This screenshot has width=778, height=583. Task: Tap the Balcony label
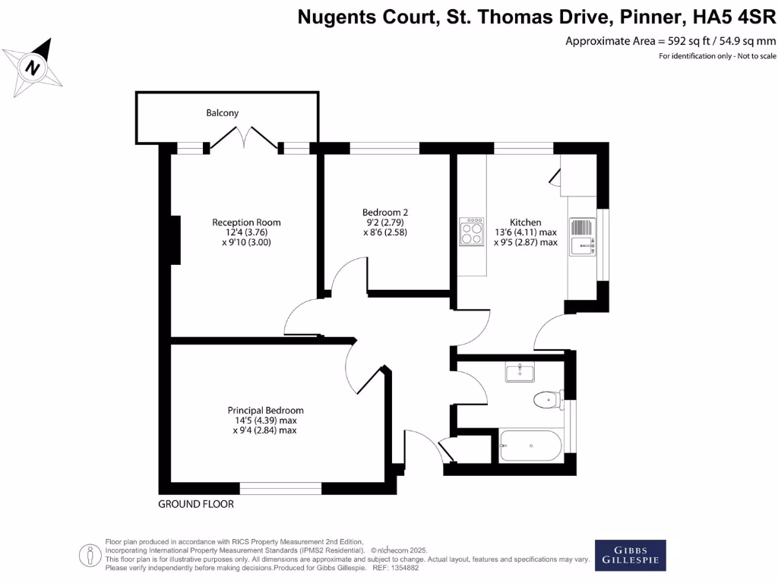pos(223,113)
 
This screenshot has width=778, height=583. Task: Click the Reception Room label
pos(246,222)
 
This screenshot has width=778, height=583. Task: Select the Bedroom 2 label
pos(385,213)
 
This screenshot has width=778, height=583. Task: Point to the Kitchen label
pos(525,222)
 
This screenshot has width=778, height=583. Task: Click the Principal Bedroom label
pos(265,411)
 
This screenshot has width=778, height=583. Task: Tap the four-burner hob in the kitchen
pos(471,232)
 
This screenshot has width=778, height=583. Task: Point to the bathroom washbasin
pos(520,372)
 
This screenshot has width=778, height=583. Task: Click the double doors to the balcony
pos(244,139)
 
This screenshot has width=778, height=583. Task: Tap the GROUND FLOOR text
pos(196,504)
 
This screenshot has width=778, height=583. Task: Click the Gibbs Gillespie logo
pos(629,555)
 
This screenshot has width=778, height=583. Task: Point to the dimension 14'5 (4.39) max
pos(266,421)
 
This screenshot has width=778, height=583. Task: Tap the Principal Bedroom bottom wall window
pos(280,488)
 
